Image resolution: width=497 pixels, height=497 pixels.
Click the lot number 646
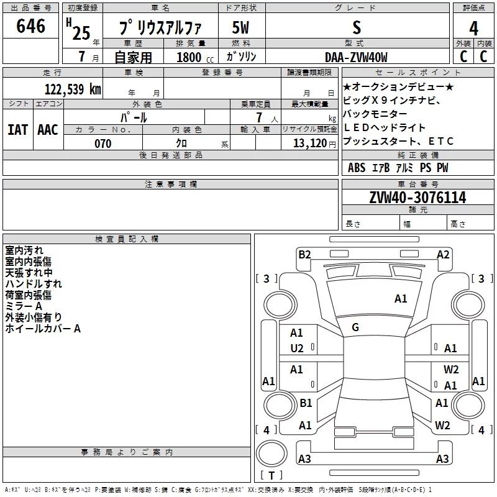point(30,26)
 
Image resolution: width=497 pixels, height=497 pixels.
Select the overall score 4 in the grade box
point(473,29)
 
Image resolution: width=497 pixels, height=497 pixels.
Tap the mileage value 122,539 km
point(73,89)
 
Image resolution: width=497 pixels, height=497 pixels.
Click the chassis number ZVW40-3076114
point(417,198)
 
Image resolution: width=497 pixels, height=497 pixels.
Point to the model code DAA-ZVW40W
point(356,57)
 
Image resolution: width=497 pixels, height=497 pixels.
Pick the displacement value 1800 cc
point(195,57)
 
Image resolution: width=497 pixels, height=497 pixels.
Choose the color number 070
point(103,144)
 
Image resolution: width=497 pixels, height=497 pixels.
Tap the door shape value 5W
point(241,27)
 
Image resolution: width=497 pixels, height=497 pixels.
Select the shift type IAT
point(18,130)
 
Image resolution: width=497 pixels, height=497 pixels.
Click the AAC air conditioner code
point(48,130)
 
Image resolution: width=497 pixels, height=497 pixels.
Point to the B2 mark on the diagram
point(304,255)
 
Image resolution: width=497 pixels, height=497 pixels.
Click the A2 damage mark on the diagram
point(443,255)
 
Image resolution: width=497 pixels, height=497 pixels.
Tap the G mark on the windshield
point(355,327)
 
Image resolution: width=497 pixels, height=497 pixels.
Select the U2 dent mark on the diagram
point(297,349)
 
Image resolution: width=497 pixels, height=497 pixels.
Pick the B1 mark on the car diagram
point(306,403)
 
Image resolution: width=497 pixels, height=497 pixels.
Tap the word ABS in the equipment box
point(357,168)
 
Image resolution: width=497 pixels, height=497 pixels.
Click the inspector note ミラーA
point(24,306)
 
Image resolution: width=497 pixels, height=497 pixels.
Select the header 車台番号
point(418,184)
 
